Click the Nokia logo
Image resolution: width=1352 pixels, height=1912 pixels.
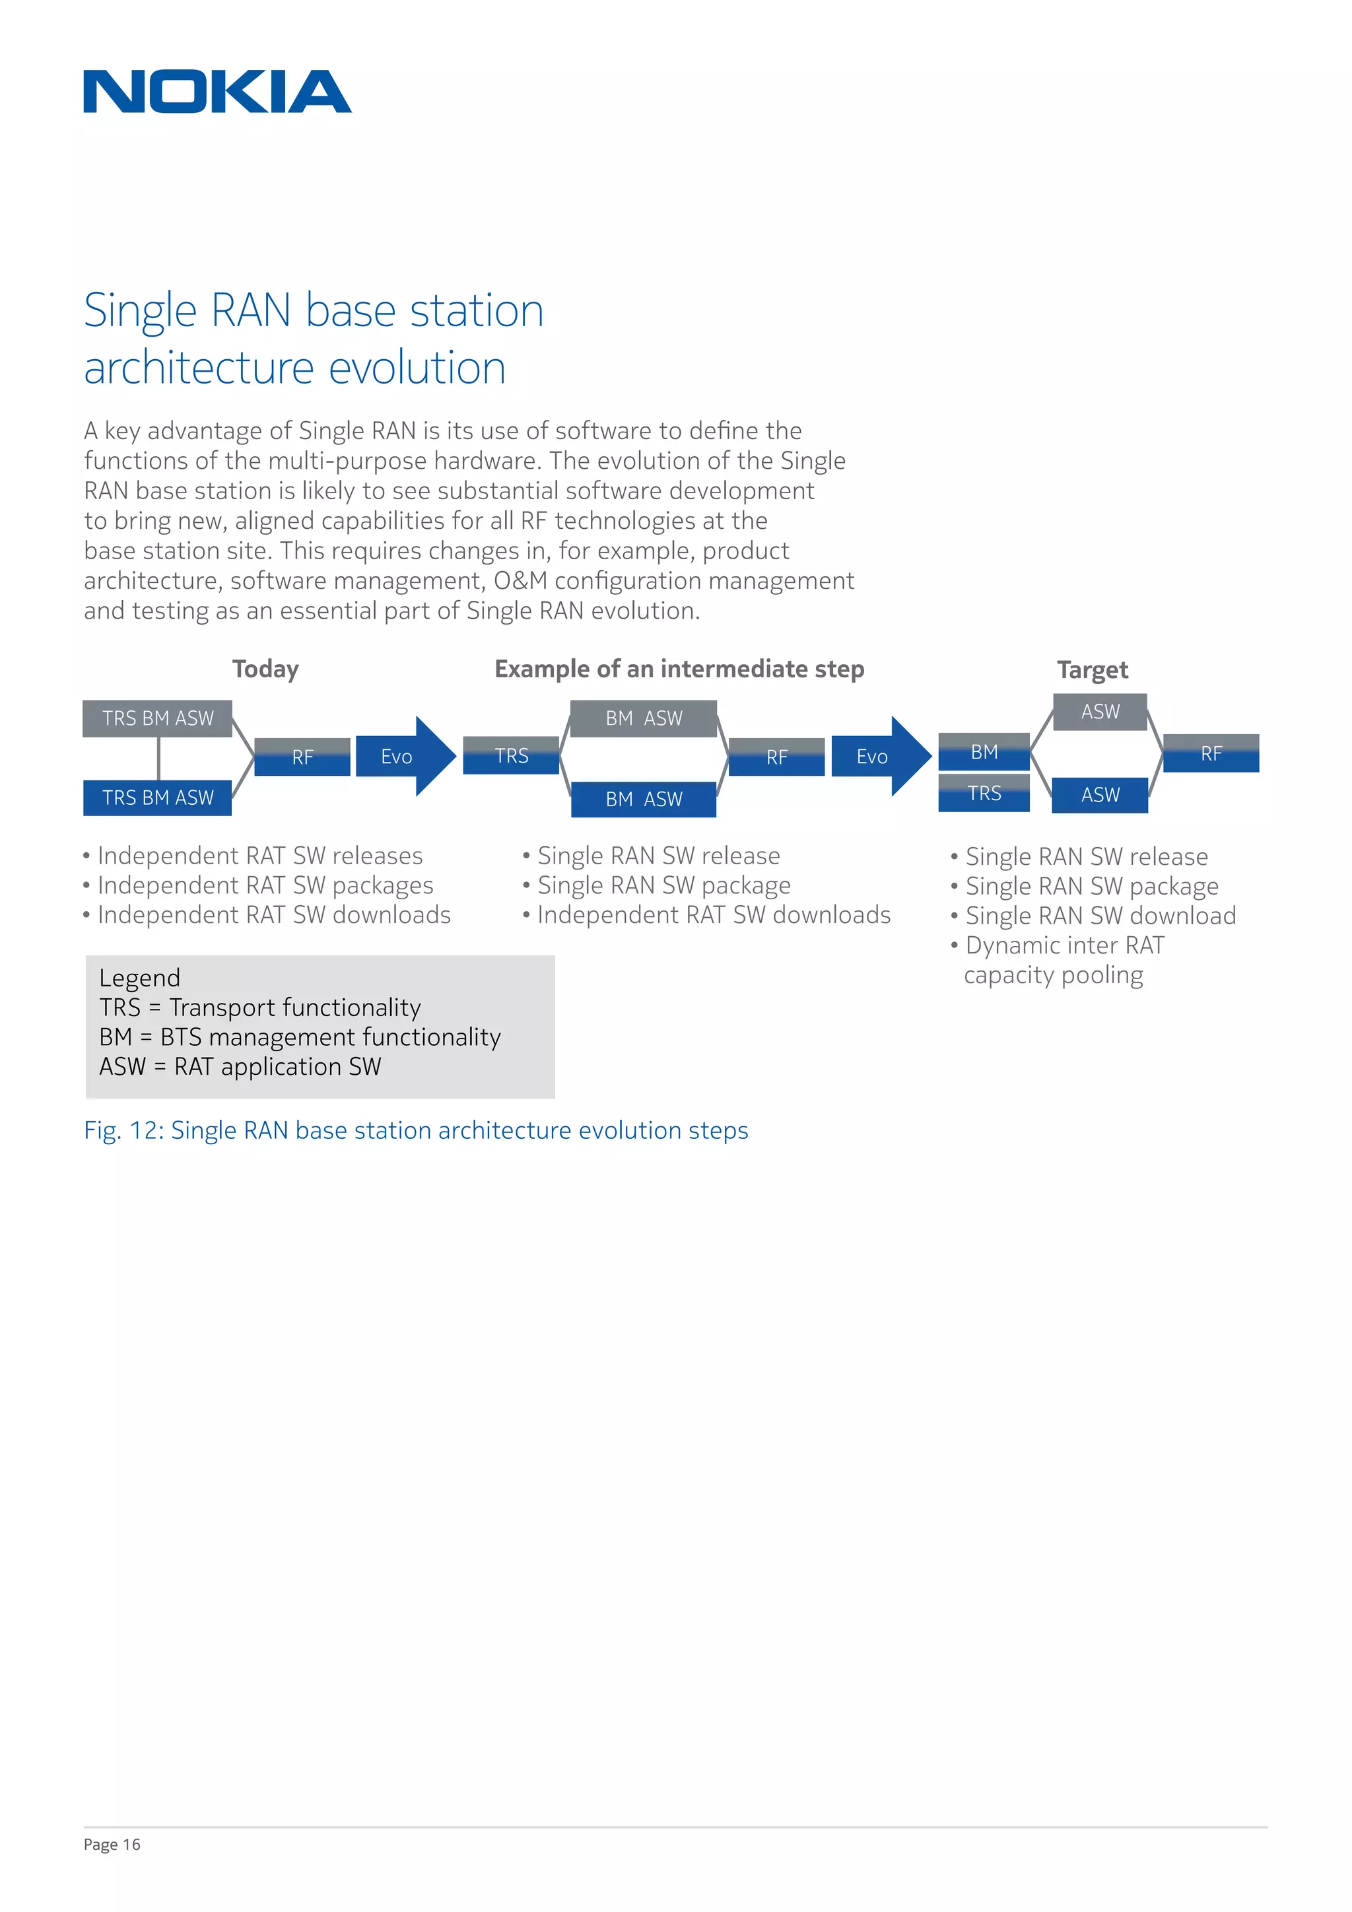click(217, 92)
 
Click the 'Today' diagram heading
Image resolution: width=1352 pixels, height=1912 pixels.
click(265, 669)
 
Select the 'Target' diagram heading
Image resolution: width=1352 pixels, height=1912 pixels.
click(1093, 669)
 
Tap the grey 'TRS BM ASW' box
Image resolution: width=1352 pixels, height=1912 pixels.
click(157, 718)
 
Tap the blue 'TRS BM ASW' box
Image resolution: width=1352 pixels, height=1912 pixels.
click(157, 798)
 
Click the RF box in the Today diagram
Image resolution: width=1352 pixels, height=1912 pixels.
click(302, 757)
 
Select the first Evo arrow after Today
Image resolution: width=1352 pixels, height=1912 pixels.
click(405, 756)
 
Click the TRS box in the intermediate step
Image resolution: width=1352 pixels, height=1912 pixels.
click(511, 755)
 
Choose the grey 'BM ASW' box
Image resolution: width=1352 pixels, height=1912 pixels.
click(644, 718)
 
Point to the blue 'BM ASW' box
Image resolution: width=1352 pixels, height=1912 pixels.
click(644, 799)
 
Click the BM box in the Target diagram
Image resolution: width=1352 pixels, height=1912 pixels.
click(984, 752)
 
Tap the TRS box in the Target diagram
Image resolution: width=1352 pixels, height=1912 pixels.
click(984, 793)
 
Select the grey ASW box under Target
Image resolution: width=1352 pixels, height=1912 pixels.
click(1100, 712)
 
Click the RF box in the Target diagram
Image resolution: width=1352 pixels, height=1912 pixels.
click(1211, 753)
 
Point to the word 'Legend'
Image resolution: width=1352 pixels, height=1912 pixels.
click(140, 978)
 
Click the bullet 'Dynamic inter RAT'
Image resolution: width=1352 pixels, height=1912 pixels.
click(1064, 945)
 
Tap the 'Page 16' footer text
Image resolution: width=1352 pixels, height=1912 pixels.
click(112, 1845)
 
